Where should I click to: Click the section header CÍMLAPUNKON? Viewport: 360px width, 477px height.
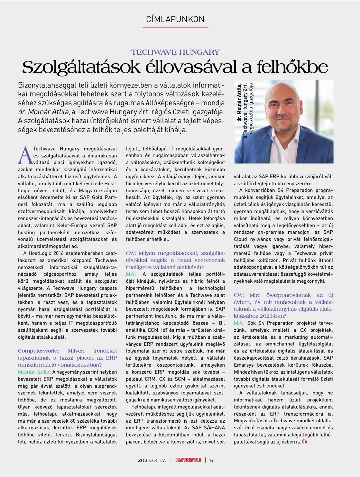[x=175, y=19]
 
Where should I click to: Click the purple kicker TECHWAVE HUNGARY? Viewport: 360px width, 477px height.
[x=175, y=52]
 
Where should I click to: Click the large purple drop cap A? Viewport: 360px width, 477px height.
[x=25, y=155]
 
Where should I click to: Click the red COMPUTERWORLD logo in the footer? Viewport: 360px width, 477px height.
[x=188, y=460]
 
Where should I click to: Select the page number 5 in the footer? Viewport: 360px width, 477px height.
[x=211, y=460]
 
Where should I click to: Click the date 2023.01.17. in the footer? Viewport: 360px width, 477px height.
[x=152, y=460]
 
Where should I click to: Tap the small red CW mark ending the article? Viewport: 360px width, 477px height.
[x=304, y=442]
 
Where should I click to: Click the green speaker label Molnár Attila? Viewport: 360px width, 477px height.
[x=34, y=372]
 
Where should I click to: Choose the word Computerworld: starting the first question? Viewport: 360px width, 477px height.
[x=38, y=351]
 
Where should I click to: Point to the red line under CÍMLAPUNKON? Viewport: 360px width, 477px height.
[x=175, y=27]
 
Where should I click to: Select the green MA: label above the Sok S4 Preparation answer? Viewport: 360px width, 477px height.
[x=239, y=323]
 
